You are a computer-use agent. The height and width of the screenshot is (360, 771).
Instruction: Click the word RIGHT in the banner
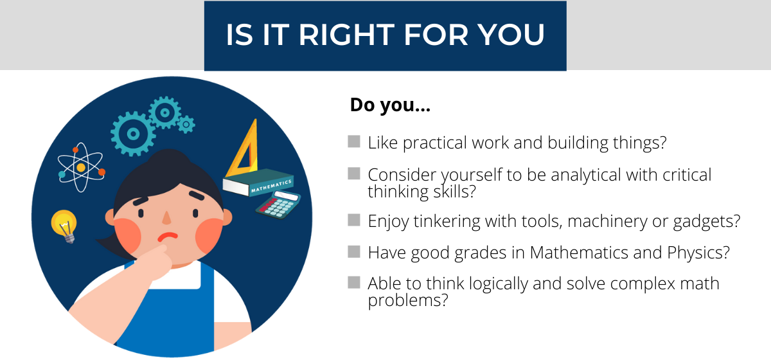[x=346, y=35]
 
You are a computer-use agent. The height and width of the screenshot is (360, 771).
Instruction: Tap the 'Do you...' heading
[x=390, y=105]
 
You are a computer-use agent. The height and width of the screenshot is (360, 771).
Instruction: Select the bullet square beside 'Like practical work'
[x=354, y=141]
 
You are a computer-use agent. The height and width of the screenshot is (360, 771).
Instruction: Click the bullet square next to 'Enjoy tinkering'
[x=354, y=220]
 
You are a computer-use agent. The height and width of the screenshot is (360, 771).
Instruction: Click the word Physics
[x=698, y=253]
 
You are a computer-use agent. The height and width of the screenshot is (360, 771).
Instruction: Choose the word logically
[x=498, y=285]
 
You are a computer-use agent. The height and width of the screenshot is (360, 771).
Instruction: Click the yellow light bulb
[x=64, y=226]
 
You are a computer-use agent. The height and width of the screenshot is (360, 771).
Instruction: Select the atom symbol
[x=81, y=167]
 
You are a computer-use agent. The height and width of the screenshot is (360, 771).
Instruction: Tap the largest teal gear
[x=133, y=134]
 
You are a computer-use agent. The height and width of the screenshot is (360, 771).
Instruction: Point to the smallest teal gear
[x=186, y=124]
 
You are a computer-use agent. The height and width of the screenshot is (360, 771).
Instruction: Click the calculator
[x=278, y=205]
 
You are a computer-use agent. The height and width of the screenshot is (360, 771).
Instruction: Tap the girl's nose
[x=166, y=218]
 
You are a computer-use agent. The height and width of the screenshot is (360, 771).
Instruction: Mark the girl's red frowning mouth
[x=168, y=237]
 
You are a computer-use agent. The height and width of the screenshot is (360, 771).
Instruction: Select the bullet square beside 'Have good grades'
[x=354, y=251]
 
